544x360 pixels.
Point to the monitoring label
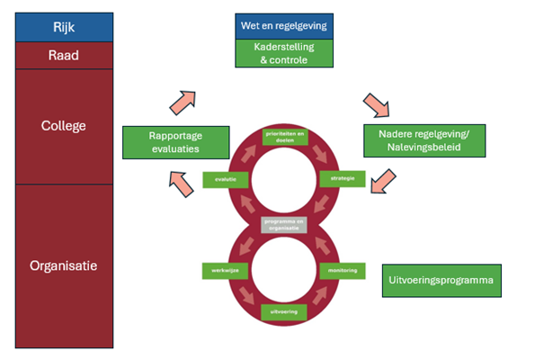pos(342,270)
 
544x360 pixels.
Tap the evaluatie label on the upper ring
pos(224,178)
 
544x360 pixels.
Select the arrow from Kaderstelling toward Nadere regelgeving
pos(375,105)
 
